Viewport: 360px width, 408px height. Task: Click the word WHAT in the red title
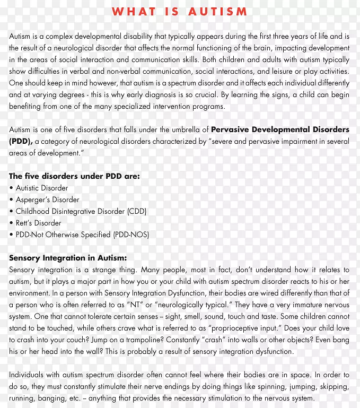coord(133,11)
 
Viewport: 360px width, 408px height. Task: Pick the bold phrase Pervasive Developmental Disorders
coord(280,130)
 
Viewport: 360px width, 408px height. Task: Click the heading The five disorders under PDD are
coord(74,177)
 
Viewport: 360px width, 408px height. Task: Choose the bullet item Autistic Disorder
coord(42,188)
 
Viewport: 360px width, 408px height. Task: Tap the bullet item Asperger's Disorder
coord(47,200)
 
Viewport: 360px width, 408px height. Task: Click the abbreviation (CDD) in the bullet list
coord(136,212)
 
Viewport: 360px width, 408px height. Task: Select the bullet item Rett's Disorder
coord(38,223)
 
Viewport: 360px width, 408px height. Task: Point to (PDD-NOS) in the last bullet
coord(131,235)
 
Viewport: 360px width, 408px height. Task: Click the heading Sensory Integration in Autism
coord(68,258)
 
